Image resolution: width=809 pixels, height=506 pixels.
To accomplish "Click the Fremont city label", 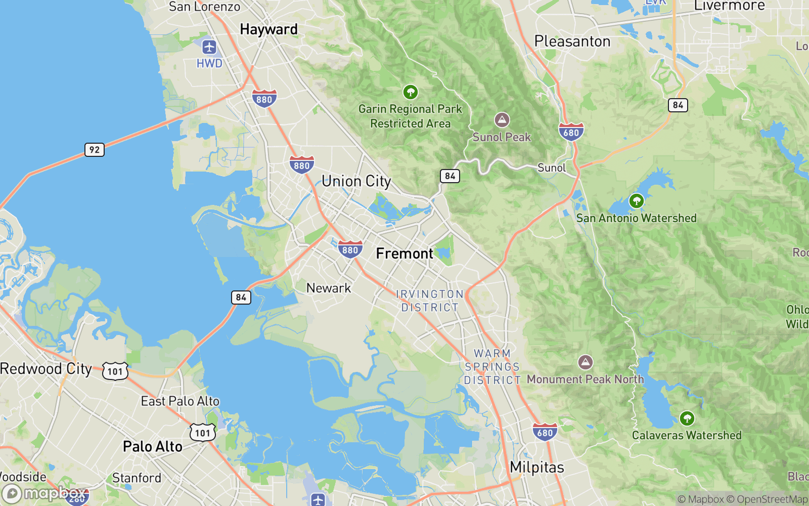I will click(404, 254).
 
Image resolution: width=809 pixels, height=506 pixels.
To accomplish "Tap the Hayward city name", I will click(268, 29).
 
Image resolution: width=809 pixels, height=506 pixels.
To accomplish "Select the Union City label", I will click(356, 181).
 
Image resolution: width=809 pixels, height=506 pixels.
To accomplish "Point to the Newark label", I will click(329, 288).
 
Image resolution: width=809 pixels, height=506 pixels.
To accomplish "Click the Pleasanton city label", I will click(572, 41).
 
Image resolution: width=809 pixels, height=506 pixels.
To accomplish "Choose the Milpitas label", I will click(537, 467).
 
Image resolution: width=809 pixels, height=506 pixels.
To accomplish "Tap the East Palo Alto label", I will click(180, 401).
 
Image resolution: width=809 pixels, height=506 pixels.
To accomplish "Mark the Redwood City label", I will click(46, 369).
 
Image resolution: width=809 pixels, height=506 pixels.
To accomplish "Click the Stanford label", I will click(137, 478).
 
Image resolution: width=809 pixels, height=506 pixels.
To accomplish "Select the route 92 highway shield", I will click(95, 150).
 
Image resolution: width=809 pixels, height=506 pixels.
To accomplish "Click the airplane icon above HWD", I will click(209, 48).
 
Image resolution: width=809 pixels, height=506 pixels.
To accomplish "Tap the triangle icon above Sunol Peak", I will click(502, 120).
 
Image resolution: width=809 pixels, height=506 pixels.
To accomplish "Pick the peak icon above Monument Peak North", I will click(586, 362).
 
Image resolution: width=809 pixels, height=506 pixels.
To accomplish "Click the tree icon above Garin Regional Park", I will click(410, 92).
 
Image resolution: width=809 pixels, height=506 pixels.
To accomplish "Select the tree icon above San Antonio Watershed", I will click(636, 201).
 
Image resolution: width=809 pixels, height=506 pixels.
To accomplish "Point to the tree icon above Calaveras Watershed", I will click(687, 418).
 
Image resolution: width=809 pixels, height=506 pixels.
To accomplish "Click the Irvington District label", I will click(430, 301).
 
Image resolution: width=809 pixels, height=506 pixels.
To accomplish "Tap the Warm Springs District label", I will click(492, 367).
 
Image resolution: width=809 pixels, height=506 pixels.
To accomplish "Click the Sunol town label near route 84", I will click(552, 168).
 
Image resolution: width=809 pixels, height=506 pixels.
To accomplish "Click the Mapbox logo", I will click(44, 493).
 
